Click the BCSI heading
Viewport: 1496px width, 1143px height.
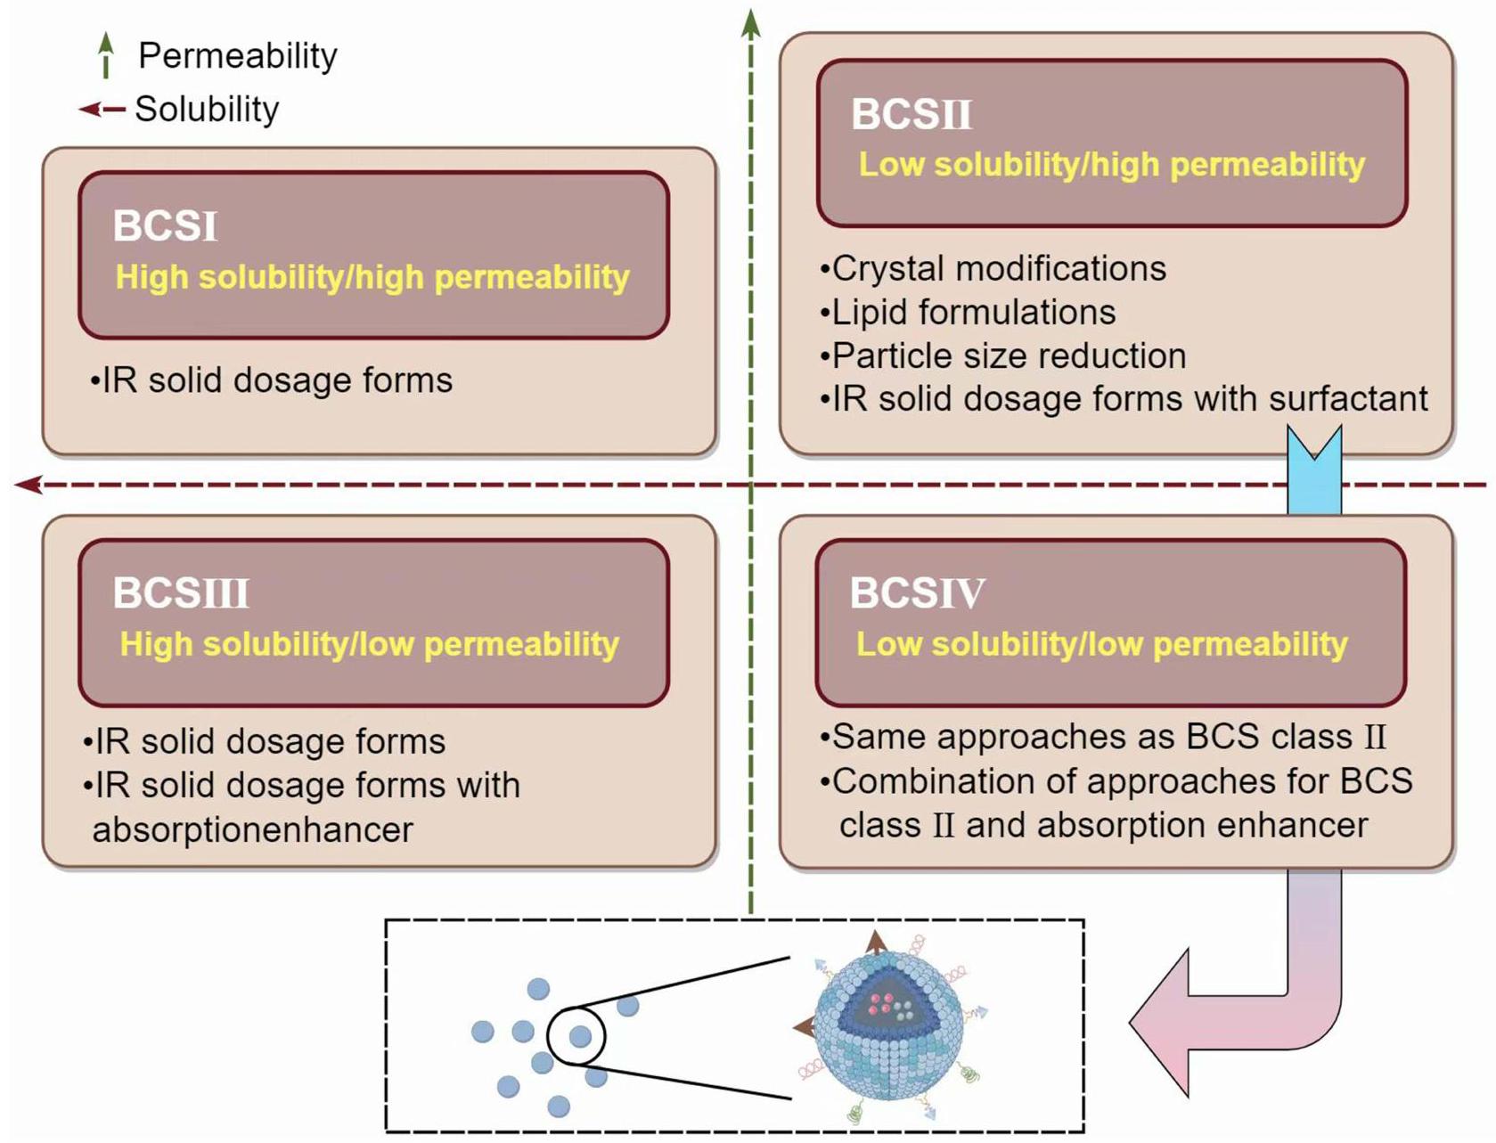(x=165, y=226)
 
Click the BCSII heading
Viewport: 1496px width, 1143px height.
(x=911, y=114)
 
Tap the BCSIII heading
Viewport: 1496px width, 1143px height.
(x=181, y=593)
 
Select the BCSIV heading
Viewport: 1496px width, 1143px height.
(x=917, y=593)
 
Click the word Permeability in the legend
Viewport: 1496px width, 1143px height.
(x=238, y=56)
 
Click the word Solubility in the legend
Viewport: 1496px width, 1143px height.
(x=207, y=110)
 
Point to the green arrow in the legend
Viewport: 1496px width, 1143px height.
(x=106, y=54)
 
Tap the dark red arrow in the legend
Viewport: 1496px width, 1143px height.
(x=102, y=110)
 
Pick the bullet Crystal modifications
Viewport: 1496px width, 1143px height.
(x=993, y=268)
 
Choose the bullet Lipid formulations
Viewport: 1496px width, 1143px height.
(x=969, y=313)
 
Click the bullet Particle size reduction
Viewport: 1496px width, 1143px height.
(x=1003, y=356)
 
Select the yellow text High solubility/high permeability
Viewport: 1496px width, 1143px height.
(x=372, y=277)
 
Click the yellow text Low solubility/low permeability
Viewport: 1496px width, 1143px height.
(x=1101, y=644)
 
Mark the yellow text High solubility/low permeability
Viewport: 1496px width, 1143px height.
(x=369, y=644)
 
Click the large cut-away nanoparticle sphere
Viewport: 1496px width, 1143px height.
(x=889, y=1025)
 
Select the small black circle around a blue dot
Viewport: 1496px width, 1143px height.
(x=576, y=1035)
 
